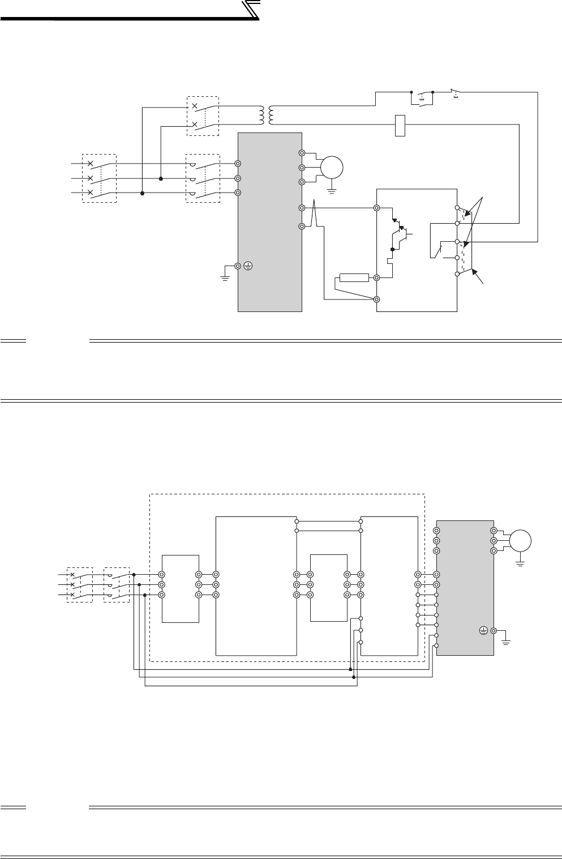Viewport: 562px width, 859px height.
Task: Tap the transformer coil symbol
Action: tap(266, 115)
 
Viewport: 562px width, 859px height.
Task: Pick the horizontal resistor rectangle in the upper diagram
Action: tap(354, 277)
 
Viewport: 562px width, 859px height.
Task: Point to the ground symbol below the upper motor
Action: tap(332, 192)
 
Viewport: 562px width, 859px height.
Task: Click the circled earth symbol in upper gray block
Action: tap(247, 266)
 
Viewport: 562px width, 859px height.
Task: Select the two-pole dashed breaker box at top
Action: tap(203, 116)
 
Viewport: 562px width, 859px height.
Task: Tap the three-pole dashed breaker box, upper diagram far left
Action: tap(99, 178)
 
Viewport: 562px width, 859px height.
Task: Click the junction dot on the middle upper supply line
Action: tap(161, 178)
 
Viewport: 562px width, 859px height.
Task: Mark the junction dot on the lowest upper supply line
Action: tap(141, 193)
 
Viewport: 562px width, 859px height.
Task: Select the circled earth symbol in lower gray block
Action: tap(483, 630)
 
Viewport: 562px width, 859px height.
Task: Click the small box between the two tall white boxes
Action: tap(328, 587)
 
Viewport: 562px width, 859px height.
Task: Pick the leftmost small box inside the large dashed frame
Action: tap(180, 588)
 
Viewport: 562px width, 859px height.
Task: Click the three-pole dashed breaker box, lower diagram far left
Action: tap(80, 584)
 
